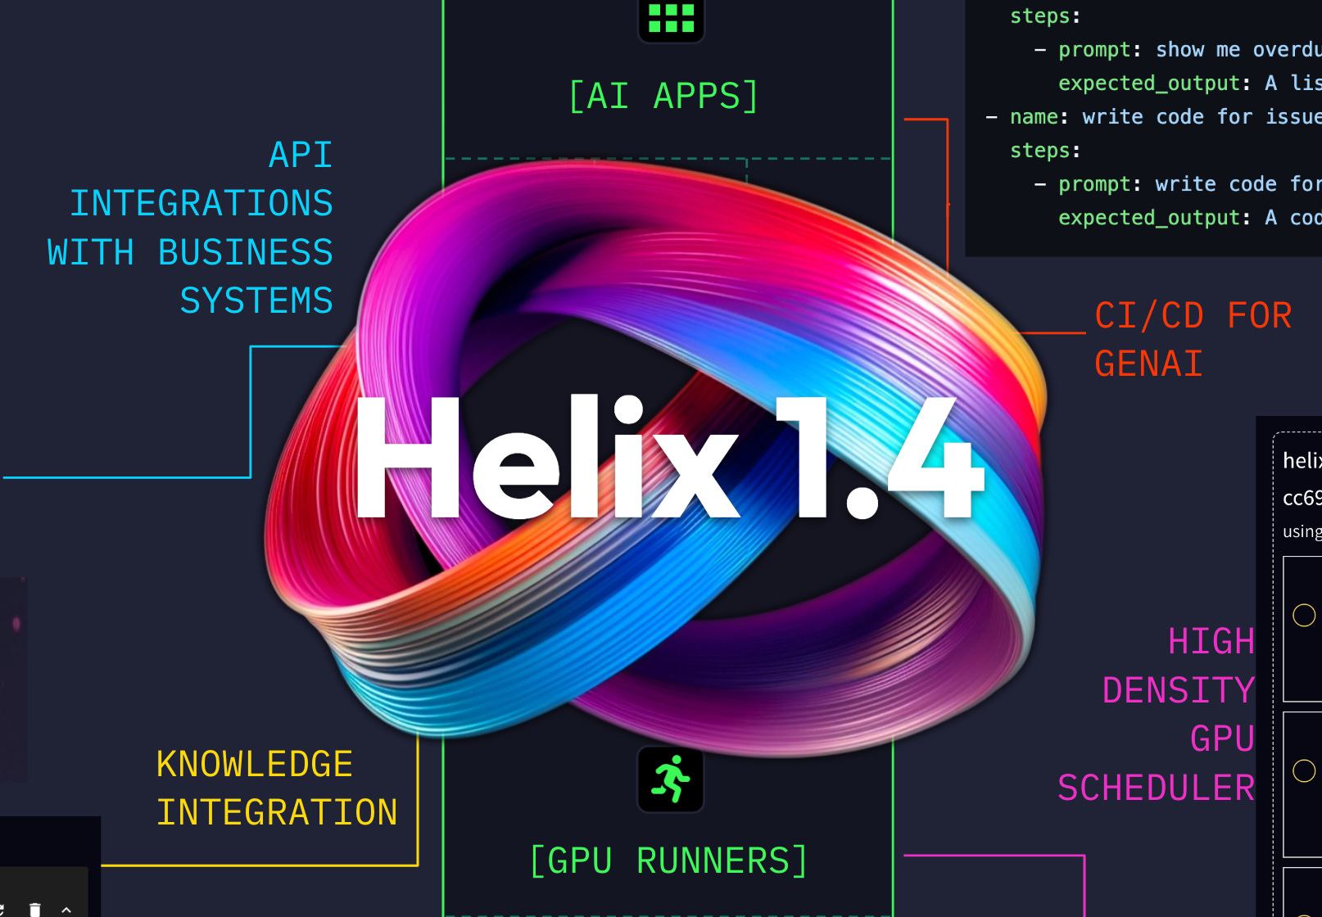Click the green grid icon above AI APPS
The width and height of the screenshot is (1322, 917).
tap(671, 18)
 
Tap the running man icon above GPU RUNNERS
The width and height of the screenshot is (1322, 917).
tap(671, 779)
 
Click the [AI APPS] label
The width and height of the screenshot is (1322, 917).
tap(663, 97)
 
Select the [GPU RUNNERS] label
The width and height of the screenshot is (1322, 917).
tap(668, 861)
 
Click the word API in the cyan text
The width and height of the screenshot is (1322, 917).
tap(301, 156)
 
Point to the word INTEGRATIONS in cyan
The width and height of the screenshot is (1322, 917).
tap(201, 204)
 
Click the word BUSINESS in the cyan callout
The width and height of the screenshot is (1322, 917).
tap(245, 253)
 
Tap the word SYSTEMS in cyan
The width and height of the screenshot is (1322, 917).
tap(256, 301)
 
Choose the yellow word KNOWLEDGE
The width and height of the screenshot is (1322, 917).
tap(254, 765)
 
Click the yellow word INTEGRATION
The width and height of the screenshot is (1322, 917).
tap(277, 813)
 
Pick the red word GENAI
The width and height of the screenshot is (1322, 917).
tap(1148, 364)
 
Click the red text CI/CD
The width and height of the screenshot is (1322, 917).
tap(1149, 316)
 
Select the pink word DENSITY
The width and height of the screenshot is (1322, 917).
tap(1178, 691)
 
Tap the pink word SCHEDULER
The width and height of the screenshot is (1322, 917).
tap(1156, 788)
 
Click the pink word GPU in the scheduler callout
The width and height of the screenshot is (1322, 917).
tap(1222, 739)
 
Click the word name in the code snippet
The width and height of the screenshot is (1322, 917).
tap(1034, 117)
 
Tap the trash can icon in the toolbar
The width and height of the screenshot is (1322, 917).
tap(34, 910)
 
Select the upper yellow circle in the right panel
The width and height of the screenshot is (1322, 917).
tap(1304, 615)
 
